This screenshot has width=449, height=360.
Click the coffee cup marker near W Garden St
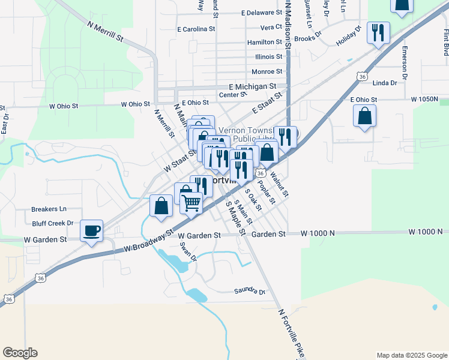[x=91, y=230]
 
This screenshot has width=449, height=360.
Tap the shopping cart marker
[x=191, y=202]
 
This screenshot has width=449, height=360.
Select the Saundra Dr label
[x=250, y=292]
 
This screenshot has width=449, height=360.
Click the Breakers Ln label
[x=49, y=209]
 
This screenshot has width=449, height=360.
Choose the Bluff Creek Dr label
[x=53, y=223]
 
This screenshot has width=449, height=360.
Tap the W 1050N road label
[x=424, y=98]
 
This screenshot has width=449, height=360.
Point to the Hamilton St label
[x=264, y=43]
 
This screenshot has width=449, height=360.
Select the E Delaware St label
[x=261, y=13]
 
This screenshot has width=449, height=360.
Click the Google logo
[x=20, y=353]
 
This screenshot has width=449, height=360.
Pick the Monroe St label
[x=267, y=71]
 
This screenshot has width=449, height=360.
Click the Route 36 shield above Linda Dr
[x=361, y=76]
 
